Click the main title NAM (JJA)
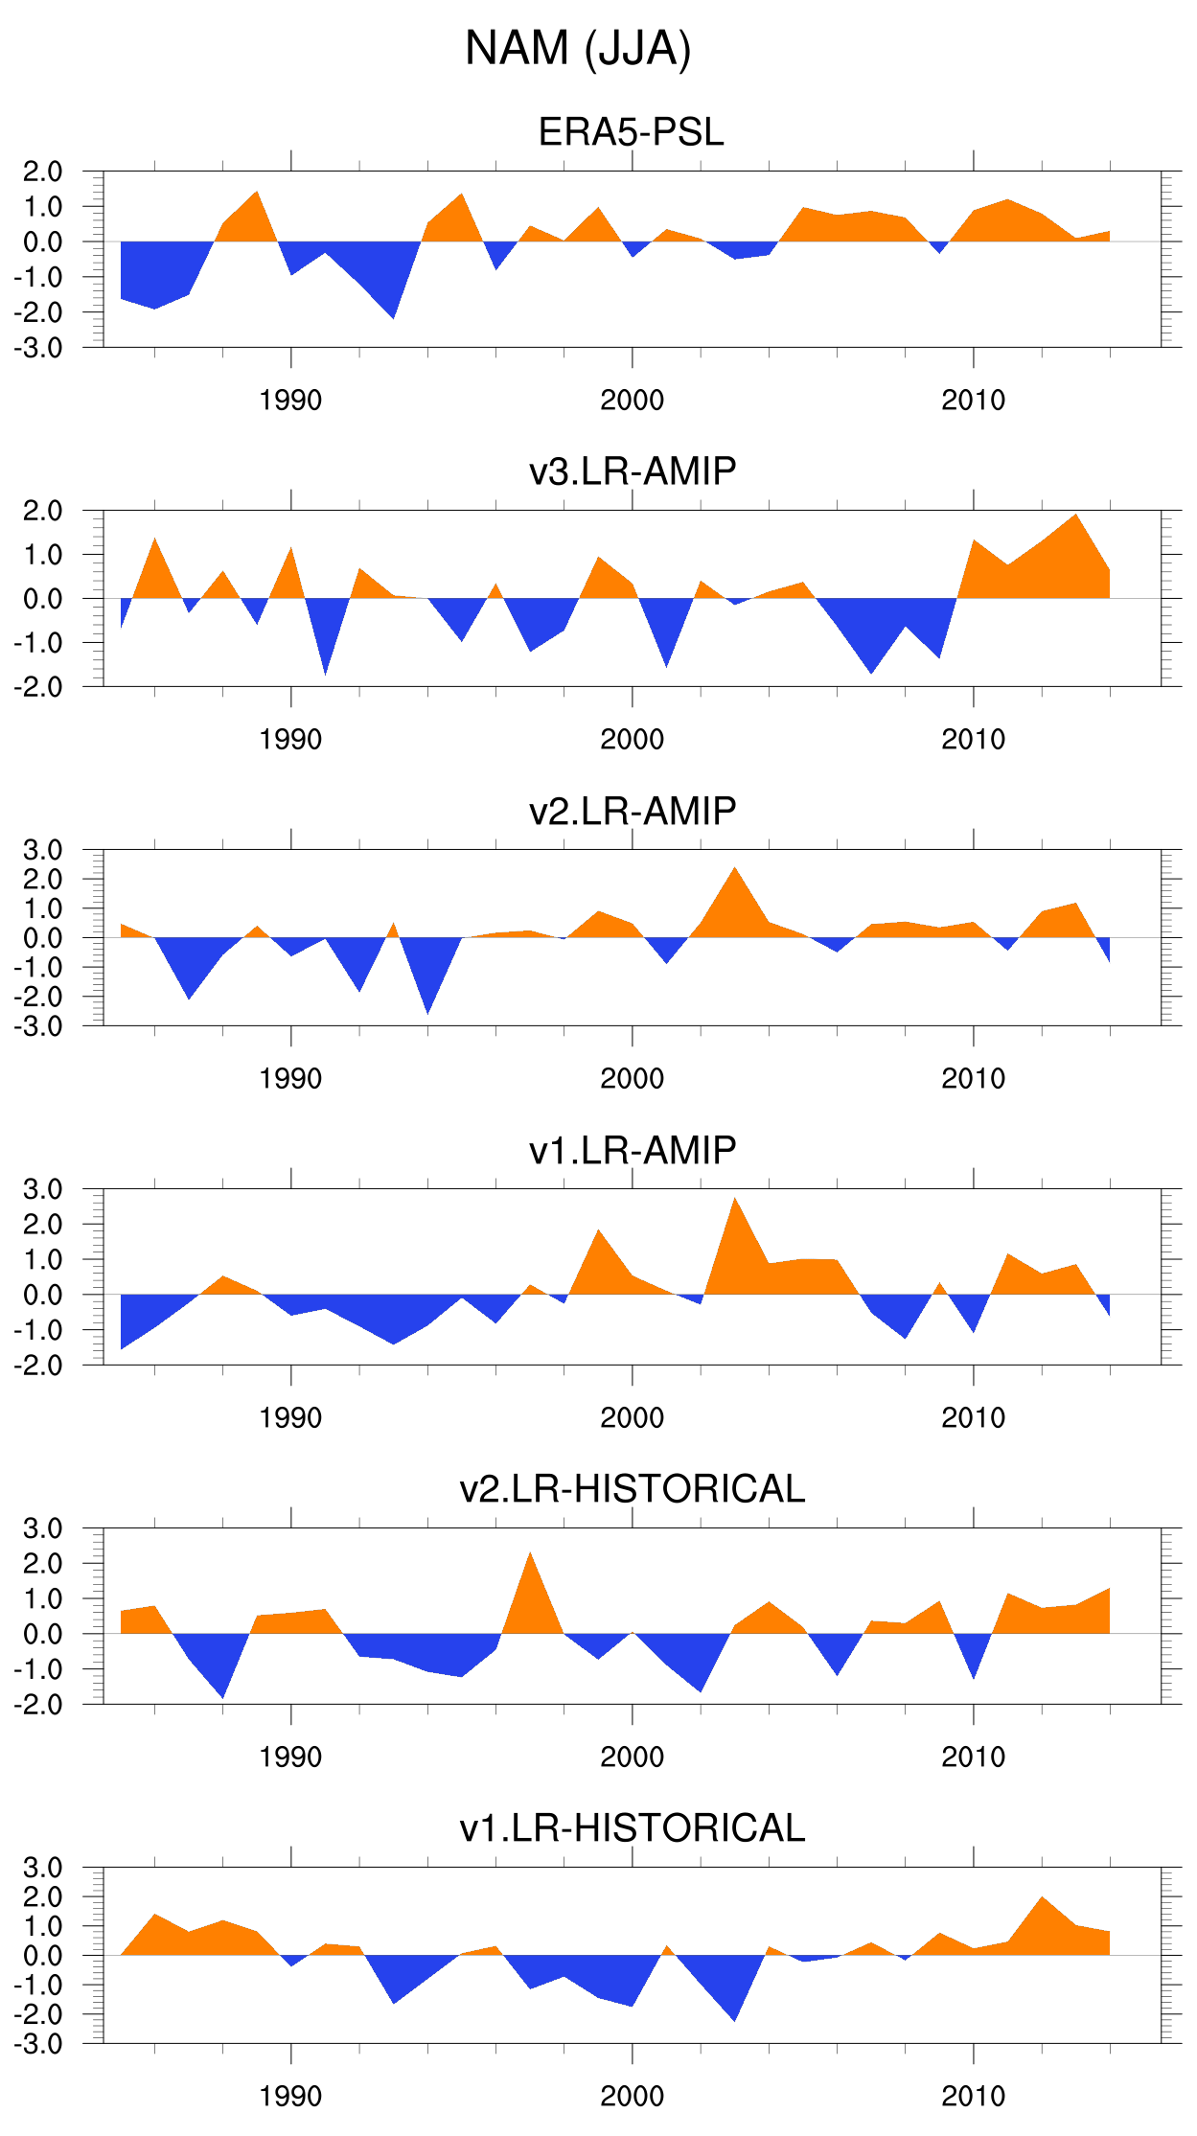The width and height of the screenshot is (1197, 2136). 578,49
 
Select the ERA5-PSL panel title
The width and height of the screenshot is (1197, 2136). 631,132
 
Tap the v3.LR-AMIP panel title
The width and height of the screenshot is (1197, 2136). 633,471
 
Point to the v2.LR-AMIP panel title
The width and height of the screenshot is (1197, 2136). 633,811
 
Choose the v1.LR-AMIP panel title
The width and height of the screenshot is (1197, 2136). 633,1150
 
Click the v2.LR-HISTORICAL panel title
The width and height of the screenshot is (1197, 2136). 633,1489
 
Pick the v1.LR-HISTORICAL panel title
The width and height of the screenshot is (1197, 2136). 633,1828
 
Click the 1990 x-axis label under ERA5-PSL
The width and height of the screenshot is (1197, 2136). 290,400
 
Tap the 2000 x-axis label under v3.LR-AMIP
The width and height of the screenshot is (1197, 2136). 632,739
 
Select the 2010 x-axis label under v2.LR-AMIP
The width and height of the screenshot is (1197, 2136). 973,1078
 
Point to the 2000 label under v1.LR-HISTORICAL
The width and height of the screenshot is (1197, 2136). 632,2096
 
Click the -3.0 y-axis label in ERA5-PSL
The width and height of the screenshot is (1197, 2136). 38,348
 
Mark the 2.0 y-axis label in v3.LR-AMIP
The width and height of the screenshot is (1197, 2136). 42,511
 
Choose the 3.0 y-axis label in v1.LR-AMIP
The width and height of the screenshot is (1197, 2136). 42,1189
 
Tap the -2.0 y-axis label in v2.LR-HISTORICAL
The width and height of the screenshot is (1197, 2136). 38,1705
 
